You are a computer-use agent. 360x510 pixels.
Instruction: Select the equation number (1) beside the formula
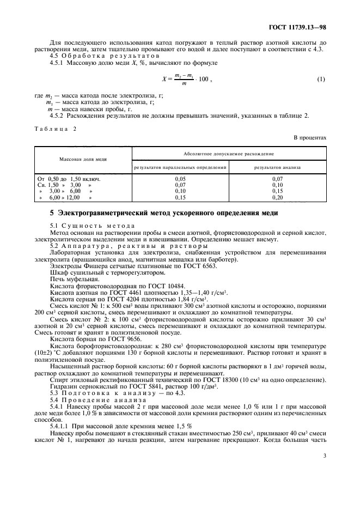321,80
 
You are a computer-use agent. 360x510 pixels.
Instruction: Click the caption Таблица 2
56,129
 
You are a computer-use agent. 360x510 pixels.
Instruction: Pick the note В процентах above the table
310,137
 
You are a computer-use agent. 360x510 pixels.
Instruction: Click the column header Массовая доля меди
83,159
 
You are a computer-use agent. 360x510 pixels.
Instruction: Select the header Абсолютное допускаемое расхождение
229,154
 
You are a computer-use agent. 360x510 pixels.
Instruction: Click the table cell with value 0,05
180,178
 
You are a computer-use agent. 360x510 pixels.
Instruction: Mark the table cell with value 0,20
278,198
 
